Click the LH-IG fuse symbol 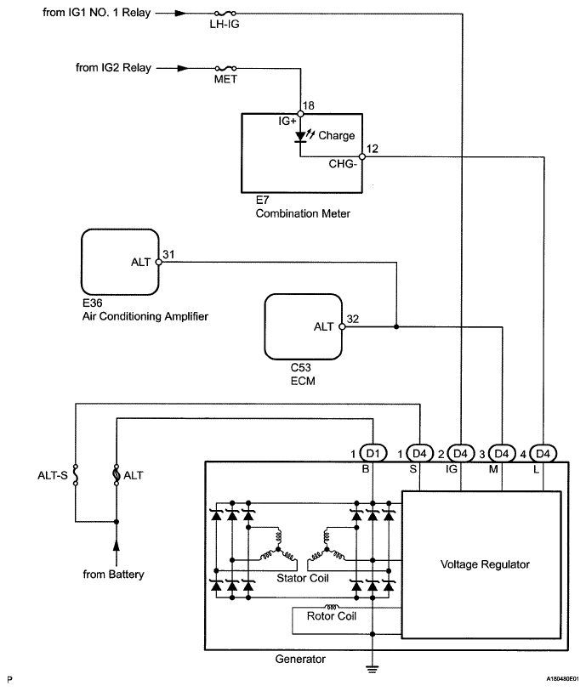226,14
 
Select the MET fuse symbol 225,68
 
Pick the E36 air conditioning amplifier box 120,262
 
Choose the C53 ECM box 303,326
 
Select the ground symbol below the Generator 373,669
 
